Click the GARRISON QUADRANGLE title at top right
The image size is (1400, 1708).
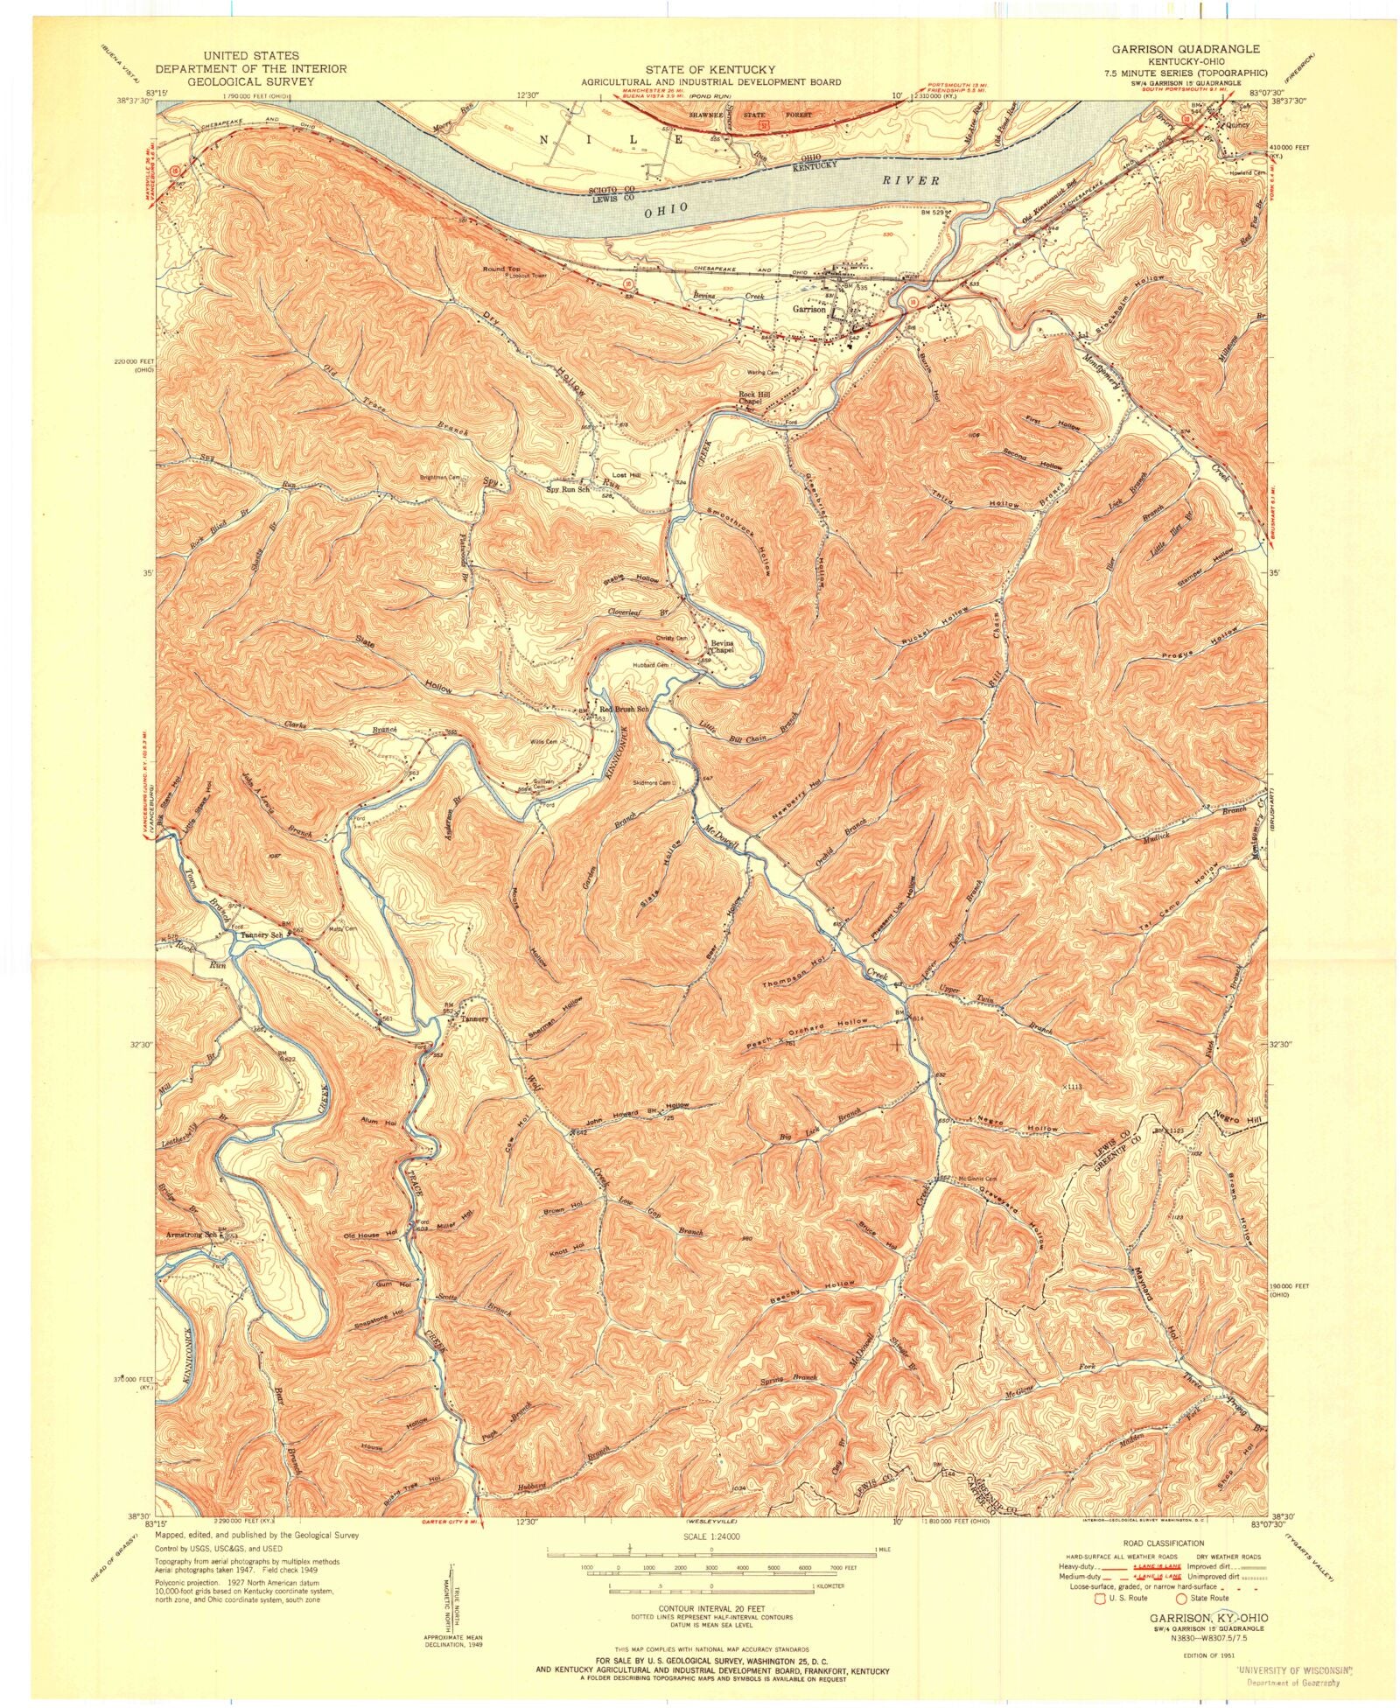[x=1186, y=50]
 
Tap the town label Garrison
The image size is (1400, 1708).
[x=808, y=310]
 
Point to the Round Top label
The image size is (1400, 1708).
[x=500, y=269]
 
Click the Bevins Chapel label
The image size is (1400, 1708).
[x=720, y=647]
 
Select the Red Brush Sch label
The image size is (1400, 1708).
[x=624, y=709]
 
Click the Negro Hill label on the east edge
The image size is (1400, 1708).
[x=1236, y=1116]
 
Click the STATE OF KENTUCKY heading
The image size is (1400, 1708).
[x=710, y=69]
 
